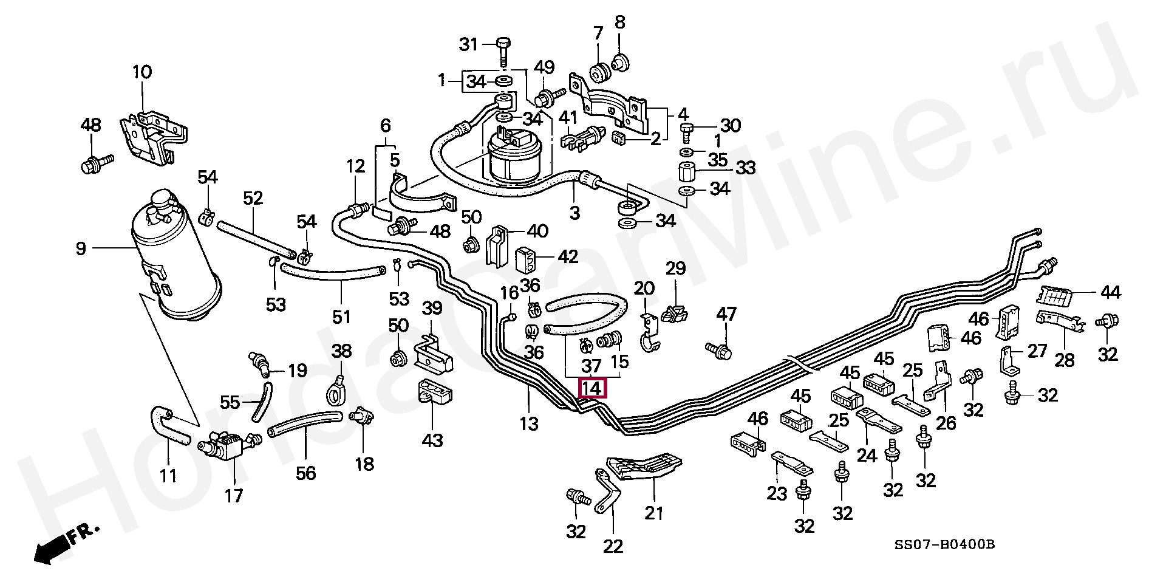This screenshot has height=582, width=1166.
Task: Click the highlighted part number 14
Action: tap(592, 388)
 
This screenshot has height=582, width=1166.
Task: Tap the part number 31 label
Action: tap(468, 44)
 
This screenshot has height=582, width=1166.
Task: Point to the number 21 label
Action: tap(654, 513)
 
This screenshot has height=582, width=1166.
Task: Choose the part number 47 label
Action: tap(726, 315)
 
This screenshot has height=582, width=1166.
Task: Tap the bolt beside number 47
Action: tap(718, 349)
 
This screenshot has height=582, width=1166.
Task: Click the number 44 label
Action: tap(1111, 293)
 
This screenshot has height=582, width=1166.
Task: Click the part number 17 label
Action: tap(234, 496)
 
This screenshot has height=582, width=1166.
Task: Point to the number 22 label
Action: tap(613, 546)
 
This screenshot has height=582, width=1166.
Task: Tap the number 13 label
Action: tap(529, 424)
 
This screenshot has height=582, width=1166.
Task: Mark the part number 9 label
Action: tap(81, 248)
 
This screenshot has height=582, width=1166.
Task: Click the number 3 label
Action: tap(574, 213)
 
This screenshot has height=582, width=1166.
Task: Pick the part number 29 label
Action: tap(675, 269)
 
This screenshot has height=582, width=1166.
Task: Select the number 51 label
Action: tap(341, 316)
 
